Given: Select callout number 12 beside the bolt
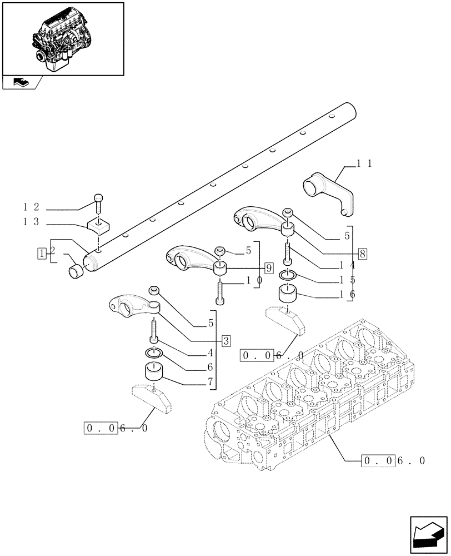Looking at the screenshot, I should [x=31, y=207].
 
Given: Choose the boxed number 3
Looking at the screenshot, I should [x=225, y=341].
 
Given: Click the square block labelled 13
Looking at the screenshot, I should [x=98, y=226].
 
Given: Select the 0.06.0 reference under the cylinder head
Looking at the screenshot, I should [x=394, y=460].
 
